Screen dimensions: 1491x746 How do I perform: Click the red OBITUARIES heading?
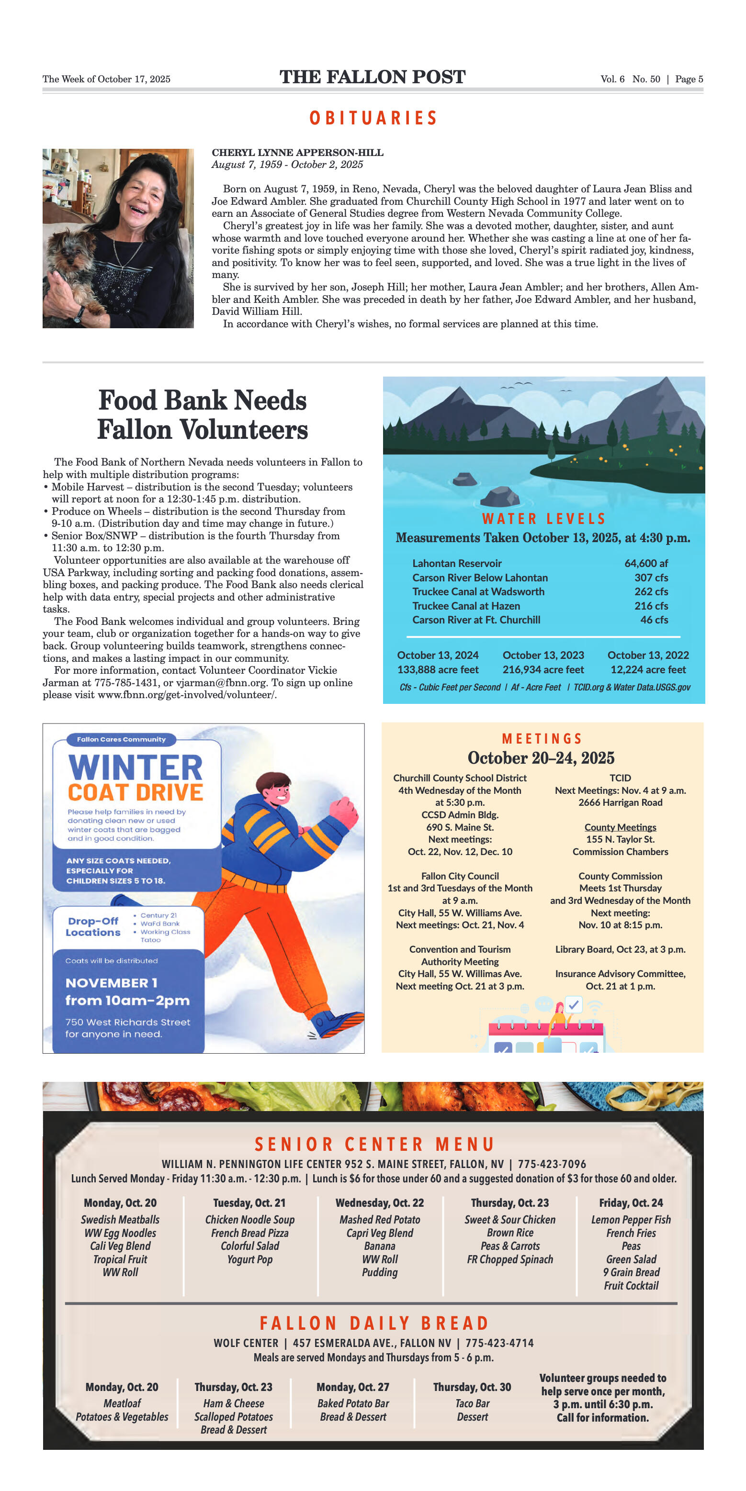(x=373, y=118)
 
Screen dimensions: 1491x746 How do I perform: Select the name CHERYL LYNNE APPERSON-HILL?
(x=297, y=153)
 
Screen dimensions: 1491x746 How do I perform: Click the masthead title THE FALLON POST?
(x=373, y=77)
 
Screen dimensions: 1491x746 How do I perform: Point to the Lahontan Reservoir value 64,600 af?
(x=646, y=563)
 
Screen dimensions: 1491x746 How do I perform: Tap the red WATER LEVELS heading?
(x=543, y=519)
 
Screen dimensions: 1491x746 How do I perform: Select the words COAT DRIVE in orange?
(x=136, y=792)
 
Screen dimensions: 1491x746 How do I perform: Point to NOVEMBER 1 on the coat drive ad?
(x=111, y=983)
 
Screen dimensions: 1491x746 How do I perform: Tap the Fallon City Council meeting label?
(x=460, y=876)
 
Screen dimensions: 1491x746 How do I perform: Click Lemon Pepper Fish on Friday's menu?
(x=631, y=1220)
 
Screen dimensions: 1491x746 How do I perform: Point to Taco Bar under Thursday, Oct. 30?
(x=472, y=1403)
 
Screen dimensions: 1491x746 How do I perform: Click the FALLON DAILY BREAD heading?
(x=373, y=1323)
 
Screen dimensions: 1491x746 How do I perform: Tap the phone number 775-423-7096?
(x=552, y=1164)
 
